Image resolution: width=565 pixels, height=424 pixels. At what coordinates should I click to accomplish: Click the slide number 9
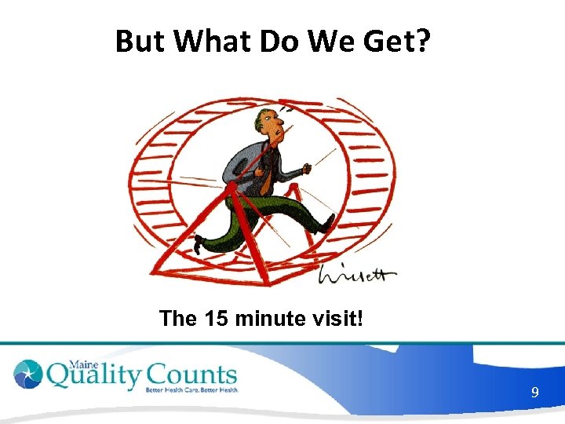click(534, 392)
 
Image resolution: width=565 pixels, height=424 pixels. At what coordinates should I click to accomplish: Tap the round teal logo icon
click(28, 375)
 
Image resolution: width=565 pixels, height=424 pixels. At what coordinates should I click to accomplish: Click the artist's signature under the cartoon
click(357, 274)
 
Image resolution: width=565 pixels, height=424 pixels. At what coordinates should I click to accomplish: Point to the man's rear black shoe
click(201, 243)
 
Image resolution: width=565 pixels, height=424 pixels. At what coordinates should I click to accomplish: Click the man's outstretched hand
click(308, 166)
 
